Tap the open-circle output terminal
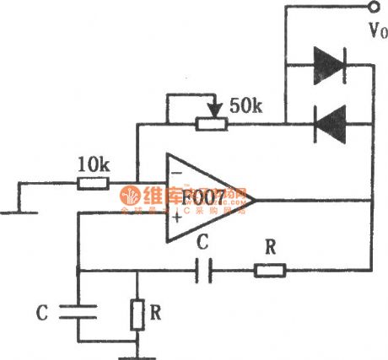point(370,9)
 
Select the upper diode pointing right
point(329,61)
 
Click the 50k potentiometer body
point(212,123)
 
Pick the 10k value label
point(93,164)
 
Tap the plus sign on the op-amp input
point(176,221)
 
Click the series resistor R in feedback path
point(270,271)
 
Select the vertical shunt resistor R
point(136,314)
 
